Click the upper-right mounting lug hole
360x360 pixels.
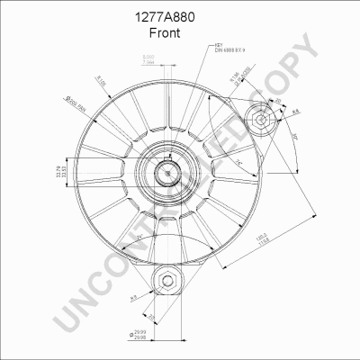point(260,119)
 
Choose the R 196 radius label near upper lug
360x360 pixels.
point(237,86)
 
